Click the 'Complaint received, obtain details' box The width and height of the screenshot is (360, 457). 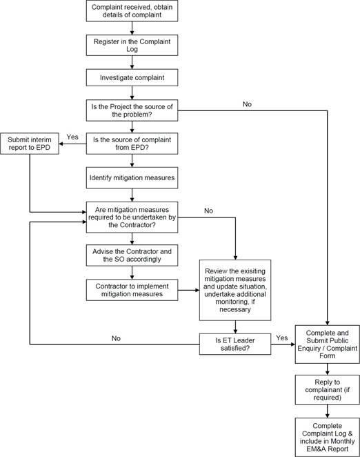pyautogui.click(x=132, y=11)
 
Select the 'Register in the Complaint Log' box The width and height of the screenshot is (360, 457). pyautogui.click(x=132, y=45)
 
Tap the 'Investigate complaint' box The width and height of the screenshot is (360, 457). pyautogui.click(x=132, y=77)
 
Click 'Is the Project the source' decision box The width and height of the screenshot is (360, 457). pyautogui.click(x=132, y=110)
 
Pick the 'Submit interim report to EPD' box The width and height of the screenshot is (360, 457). pyautogui.click(x=30, y=144)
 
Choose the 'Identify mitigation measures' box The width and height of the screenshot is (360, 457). pyautogui.click(x=132, y=177)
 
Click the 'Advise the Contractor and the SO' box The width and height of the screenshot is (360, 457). pyautogui.click(x=132, y=255)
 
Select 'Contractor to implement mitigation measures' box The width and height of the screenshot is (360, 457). pyautogui.click(x=132, y=290)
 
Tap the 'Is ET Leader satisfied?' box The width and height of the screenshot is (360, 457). pyautogui.click(x=235, y=344)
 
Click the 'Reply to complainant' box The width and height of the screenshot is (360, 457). pyautogui.click(x=327, y=389)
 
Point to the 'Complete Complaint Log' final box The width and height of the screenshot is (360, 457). pyautogui.click(x=327, y=437)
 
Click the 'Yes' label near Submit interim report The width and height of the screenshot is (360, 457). pyautogui.click(x=72, y=137)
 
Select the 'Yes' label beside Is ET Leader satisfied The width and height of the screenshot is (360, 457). pyautogui.click(x=282, y=338)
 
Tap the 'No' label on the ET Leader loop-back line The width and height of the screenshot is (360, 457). pyautogui.click(x=116, y=338)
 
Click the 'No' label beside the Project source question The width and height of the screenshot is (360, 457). pyautogui.click(x=247, y=104)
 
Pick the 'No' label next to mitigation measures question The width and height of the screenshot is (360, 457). pyautogui.click(x=208, y=211)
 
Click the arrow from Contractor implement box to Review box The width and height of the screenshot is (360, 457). pyautogui.click(x=188, y=291)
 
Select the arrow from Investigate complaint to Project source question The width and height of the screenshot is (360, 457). pyautogui.click(x=132, y=93)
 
